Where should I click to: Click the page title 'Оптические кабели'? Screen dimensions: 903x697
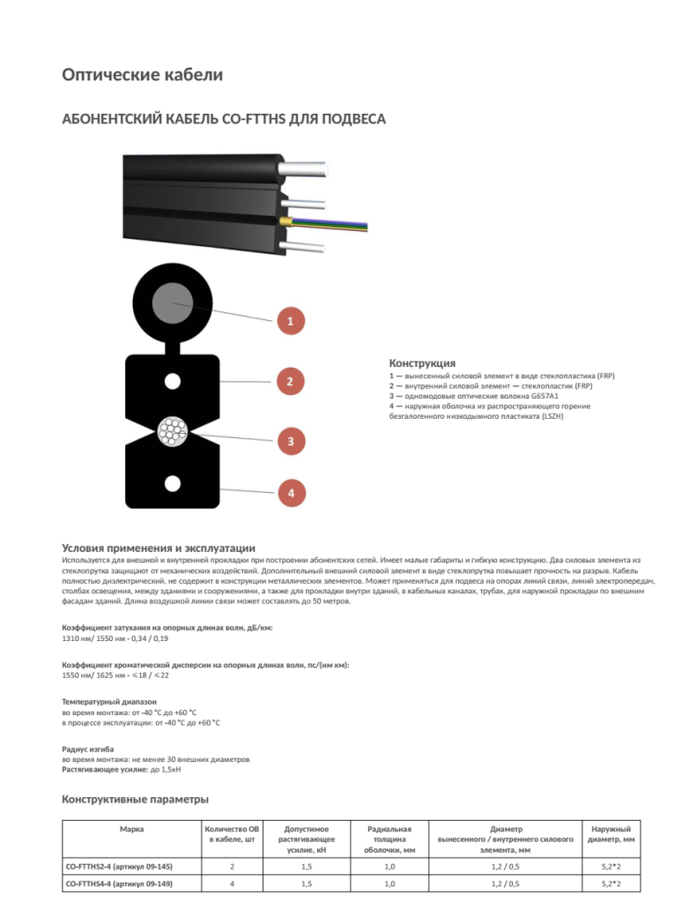(142, 75)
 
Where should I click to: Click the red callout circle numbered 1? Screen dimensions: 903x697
(290, 321)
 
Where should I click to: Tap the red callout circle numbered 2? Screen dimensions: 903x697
(290, 382)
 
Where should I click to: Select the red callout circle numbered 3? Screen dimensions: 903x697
(290, 439)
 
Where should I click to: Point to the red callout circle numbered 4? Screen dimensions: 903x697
(290, 492)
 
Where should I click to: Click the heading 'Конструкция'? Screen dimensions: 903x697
(422, 363)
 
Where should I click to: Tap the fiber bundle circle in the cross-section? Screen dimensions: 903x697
(172, 431)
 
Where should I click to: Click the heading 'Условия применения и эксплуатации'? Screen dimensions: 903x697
(159, 548)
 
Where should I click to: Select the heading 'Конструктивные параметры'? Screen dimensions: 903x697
(135, 800)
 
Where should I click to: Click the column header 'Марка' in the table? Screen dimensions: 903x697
(132, 830)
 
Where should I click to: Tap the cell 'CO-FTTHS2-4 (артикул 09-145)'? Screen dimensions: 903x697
(119, 868)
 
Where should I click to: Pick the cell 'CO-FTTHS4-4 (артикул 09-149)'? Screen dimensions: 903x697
(119, 884)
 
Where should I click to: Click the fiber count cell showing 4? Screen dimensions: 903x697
(232, 884)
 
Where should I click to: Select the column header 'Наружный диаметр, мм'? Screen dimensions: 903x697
(610, 834)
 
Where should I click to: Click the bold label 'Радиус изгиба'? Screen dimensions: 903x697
(85, 749)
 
